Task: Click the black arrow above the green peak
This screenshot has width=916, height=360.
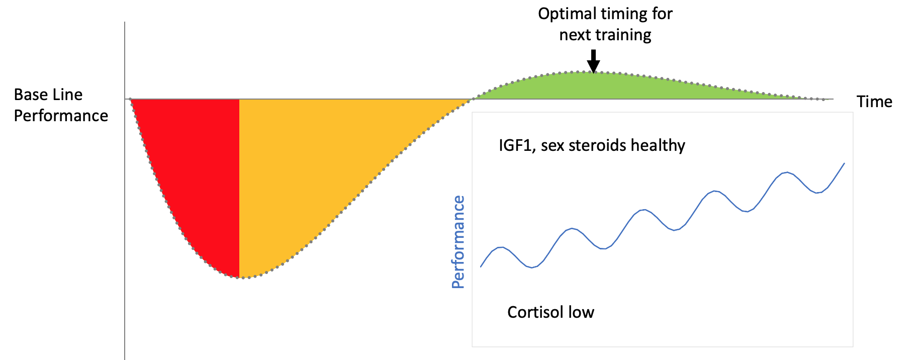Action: tap(594, 62)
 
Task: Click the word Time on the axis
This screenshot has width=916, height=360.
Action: tap(874, 102)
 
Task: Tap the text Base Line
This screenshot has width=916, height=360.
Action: tap(48, 95)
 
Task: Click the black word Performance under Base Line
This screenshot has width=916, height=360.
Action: tap(61, 116)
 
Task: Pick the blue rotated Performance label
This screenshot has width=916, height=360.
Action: tap(458, 242)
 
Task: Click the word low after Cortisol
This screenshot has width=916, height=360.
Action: tap(581, 312)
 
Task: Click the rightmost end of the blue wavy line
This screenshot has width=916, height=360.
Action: tap(844, 163)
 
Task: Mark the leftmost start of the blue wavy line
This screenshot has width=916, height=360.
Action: tap(481, 266)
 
